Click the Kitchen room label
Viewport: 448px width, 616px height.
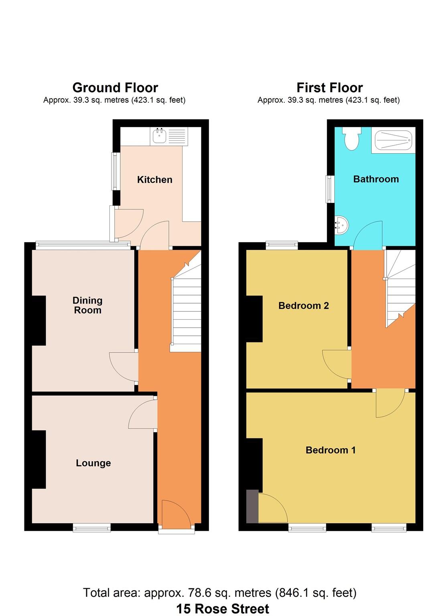pos(154,180)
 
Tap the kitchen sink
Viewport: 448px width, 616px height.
pos(159,136)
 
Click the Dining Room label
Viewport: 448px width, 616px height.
pos(87,305)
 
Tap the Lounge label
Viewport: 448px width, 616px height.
pos(93,463)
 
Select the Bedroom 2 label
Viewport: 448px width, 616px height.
pos(304,306)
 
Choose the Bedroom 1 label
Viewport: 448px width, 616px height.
pos(330,450)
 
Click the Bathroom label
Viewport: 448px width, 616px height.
pos(376,179)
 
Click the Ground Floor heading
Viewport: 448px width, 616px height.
pos(115,87)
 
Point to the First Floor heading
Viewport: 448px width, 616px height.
pos(330,87)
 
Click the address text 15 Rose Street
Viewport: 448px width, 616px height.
pos(223,608)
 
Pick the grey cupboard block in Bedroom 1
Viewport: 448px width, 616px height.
pos(252,506)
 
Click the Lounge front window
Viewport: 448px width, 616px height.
pos(92,527)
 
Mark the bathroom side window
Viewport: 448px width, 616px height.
pos(330,189)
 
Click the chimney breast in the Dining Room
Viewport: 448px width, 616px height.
pos(39,320)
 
